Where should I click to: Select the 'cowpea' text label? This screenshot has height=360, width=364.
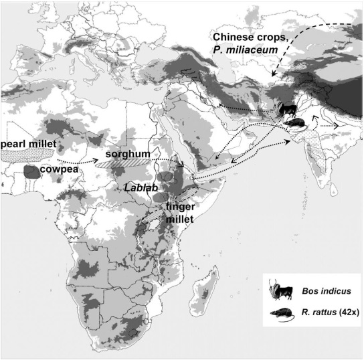58,171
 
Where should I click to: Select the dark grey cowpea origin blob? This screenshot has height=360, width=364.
30,171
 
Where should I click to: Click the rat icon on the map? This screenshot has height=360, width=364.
295,123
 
